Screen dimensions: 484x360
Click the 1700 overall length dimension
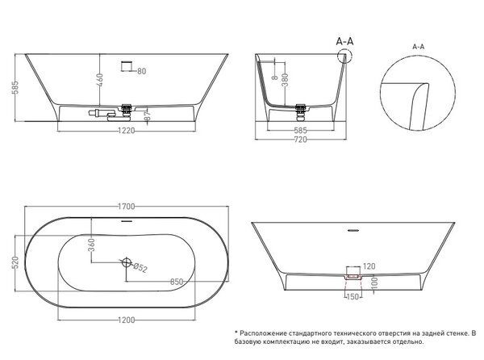tap(127, 206)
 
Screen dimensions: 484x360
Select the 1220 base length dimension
tap(127, 131)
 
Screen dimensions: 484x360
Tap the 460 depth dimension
tap(100, 80)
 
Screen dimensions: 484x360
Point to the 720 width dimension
tap(300, 140)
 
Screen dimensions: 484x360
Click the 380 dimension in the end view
tap(285, 80)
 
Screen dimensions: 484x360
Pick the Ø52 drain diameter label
tap(140, 267)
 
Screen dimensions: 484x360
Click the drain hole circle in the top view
tap(127, 262)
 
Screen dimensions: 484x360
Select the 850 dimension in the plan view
tap(177, 282)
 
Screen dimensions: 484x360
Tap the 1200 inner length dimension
tap(127, 320)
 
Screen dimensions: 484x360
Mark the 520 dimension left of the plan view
tap(15, 262)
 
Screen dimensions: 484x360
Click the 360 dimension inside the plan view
tap(91, 245)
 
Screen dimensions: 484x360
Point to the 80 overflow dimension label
tap(141, 71)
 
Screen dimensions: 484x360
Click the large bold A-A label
tap(344, 41)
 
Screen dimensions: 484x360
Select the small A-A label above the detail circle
tap(418, 47)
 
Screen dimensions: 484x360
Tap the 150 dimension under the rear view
tap(353, 297)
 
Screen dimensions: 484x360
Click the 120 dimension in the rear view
tap(369, 266)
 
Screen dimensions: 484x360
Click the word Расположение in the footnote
tap(263, 333)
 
